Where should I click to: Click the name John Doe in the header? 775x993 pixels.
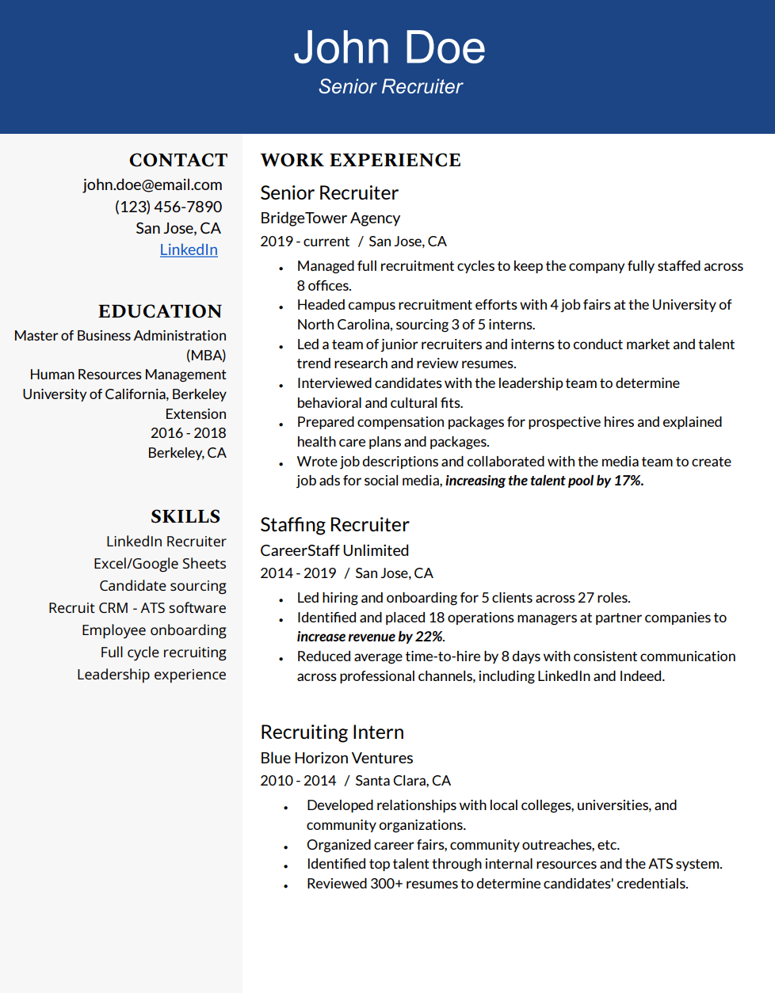389,48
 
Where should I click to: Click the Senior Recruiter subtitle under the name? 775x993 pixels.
390,87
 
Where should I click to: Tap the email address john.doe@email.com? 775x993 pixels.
152,185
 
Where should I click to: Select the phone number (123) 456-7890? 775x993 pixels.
168,207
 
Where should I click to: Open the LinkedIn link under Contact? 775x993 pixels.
189,249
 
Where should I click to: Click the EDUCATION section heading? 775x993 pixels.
160,311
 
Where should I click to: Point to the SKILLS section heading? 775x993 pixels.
185,516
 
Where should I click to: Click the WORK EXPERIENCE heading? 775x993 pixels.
361,160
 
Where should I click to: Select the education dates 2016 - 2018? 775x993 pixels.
188,433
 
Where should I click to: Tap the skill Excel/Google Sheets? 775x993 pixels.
159,564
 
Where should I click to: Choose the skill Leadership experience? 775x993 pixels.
151,675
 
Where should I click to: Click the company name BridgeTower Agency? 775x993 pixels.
330,218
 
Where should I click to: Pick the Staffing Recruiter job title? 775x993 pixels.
334,525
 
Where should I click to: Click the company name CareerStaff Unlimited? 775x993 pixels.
334,550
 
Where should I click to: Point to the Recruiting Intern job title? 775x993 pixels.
332,732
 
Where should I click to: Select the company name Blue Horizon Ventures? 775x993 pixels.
337,758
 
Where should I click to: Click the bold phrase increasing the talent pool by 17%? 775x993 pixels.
544,481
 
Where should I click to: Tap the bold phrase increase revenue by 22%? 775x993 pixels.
370,637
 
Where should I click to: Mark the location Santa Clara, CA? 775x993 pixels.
403,781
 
